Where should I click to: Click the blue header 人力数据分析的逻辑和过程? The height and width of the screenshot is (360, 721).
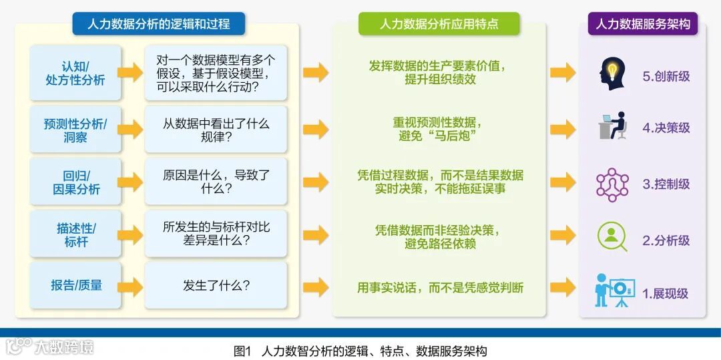tap(158, 24)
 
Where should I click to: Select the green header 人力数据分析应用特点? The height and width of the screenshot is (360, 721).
tap(439, 24)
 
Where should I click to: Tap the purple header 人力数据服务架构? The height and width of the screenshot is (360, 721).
tap(642, 24)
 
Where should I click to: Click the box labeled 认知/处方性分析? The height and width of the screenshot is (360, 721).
tap(75, 73)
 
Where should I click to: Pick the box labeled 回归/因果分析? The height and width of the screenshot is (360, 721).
tap(75, 182)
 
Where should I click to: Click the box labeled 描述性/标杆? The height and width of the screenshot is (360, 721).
tap(75, 234)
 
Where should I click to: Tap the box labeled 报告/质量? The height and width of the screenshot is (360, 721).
tap(75, 286)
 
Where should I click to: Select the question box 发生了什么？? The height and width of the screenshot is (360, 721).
tap(216, 286)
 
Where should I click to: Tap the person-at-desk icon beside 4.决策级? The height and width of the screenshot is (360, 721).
tap(613, 126)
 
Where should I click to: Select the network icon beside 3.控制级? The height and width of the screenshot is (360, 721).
tap(612, 184)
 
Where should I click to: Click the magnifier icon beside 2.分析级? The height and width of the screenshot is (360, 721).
tap(612, 236)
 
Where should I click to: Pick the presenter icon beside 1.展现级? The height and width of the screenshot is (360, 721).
tap(613, 290)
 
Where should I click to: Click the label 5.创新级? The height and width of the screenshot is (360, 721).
tap(666, 76)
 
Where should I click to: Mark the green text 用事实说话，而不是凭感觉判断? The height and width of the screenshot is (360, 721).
tap(440, 288)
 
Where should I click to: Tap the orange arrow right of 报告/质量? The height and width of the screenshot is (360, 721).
tap(130, 287)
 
